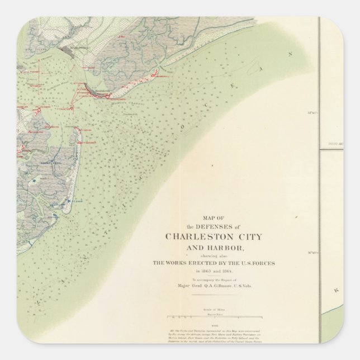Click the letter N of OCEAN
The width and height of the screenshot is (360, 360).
[290, 54]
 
